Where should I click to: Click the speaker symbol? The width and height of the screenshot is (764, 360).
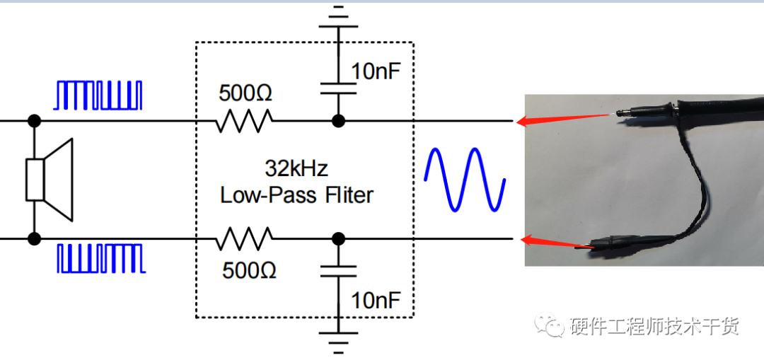point(49,179)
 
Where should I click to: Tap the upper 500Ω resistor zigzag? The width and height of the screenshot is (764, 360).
point(243,120)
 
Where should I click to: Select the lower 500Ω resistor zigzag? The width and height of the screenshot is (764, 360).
point(243,238)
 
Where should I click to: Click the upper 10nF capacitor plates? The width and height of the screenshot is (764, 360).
point(338,88)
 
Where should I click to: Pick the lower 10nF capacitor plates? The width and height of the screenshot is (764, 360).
point(338,272)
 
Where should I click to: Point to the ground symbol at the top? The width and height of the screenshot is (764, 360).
point(338,18)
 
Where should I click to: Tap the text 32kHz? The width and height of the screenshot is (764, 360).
point(296,168)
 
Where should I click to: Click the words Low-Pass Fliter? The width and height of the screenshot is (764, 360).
point(296,195)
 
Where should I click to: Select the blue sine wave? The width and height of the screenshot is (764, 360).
point(465,179)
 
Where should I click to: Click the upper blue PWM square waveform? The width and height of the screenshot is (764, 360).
point(98,95)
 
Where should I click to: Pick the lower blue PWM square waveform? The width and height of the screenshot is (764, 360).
point(101,258)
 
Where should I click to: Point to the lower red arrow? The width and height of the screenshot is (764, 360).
point(558,242)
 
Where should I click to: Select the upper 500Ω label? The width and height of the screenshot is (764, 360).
point(245,93)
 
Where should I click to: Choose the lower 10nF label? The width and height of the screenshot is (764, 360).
point(376,301)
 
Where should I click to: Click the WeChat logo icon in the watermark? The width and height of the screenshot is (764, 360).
point(549,324)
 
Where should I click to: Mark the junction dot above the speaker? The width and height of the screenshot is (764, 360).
point(34,120)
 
